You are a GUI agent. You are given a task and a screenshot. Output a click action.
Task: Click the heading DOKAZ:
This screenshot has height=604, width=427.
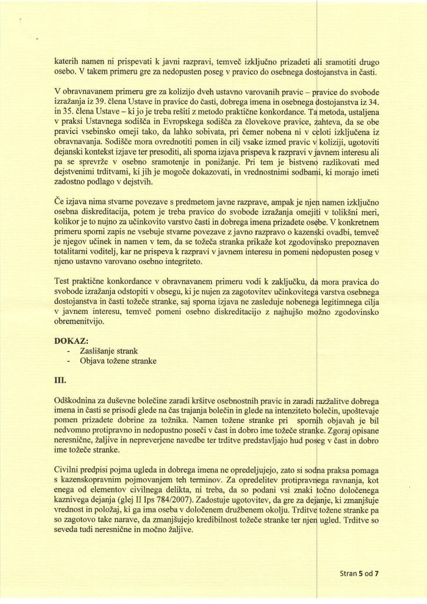(x=71, y=341)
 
